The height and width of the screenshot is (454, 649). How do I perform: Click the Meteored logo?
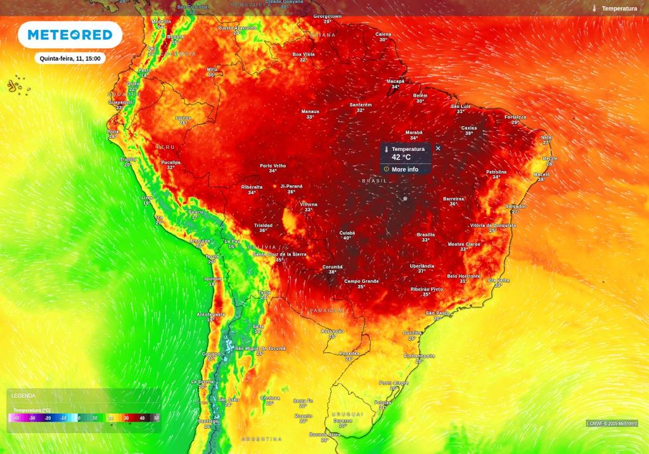coord(70,35)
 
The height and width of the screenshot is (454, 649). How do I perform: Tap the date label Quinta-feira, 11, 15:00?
coord(70,58)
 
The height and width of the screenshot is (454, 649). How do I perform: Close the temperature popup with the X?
coord(438,148)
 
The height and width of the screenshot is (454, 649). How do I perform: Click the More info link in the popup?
coord(404,169)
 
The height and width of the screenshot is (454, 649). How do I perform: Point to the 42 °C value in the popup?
coord(401,157)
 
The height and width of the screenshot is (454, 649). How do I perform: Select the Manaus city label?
coord(310,112)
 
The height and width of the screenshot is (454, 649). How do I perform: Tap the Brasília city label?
coord(426,235)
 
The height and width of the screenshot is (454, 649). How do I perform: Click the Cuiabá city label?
coord(347,233)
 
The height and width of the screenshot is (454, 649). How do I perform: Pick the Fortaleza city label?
coord(515,117)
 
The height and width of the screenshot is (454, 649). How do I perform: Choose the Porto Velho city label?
coord(273,165)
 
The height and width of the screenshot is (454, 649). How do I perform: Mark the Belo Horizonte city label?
coord(464,276)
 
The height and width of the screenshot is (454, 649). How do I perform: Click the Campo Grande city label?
coord(361,281)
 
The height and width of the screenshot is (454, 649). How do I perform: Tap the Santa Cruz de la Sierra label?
coord(280,254)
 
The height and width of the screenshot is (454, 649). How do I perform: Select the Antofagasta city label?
coord(211,314)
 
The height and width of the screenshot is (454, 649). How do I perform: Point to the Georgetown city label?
coord(328,16)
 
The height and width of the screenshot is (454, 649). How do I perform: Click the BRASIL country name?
coord(374,181)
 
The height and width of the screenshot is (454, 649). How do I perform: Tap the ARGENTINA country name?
coord(261,439)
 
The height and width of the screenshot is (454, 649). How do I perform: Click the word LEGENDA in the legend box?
coord(23,396)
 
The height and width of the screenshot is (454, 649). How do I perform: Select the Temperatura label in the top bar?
coord(619,8)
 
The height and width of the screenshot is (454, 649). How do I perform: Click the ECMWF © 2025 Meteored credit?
coord(612,423)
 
